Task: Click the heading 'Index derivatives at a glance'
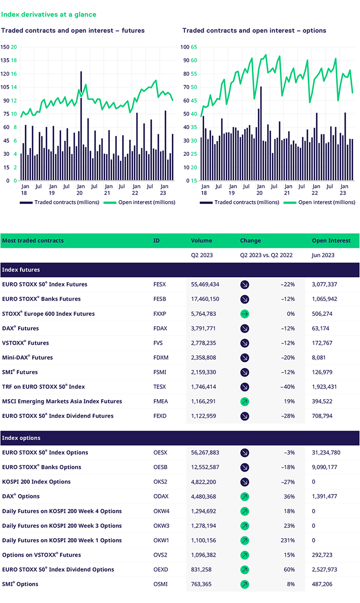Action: click(x=48, y=15)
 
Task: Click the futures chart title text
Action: click(x=73, y=31)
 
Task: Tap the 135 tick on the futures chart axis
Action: click(x=5, y=60)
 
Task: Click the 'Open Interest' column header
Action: click(x=331, y=240)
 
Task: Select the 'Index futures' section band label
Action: click(x=21, y=270)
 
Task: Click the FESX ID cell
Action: click(x=160, y=285)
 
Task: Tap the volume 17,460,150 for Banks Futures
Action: click(x=205, y=299)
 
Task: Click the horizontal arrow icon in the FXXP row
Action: click(x=245, y=314)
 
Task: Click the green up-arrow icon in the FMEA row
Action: click(x=245, y=401)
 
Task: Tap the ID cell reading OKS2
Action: click(x=160, y=482)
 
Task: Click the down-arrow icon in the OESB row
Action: click(x=245, y=467)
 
